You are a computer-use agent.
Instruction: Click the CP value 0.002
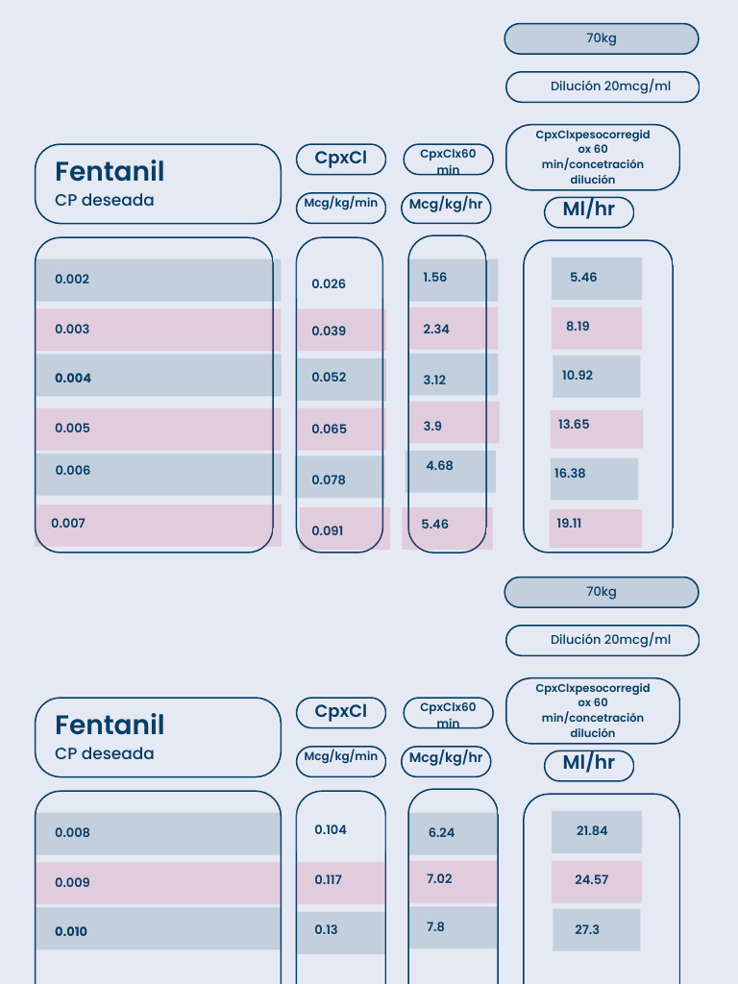[x=72, y=280]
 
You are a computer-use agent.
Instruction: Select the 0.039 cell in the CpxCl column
[x=329, y=331]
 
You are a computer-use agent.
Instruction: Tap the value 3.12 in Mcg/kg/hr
[x=434, y=380]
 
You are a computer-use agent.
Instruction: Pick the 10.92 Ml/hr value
[x=578, y=375]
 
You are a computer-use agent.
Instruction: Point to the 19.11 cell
[x=569, y=524]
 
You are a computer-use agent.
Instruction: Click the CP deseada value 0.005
[x=72, y=428]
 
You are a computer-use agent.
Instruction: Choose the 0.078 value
[x=329, y=480]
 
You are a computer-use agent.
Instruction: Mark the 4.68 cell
[x=439, y=466]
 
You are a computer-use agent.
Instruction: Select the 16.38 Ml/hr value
[x=570, y=473]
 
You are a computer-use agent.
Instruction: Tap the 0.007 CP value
[x=68, y=523]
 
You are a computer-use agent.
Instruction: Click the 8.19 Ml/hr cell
[x=578, y=326]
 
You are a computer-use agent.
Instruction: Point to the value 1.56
[x=434, y=278]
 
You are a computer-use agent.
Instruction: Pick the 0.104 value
[x=331, y=829]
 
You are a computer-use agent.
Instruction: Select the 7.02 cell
[x=438, y=878]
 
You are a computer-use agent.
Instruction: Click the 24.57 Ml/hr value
[x=591, y=879]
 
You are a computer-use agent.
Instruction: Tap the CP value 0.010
[x=71, y=931]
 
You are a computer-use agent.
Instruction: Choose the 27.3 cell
[x=586, y=929]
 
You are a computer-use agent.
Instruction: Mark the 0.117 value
[x=328, y=879]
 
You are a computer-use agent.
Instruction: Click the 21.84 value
[x=592, y=830]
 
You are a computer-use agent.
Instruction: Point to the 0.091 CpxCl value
[x=327, y=530]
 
